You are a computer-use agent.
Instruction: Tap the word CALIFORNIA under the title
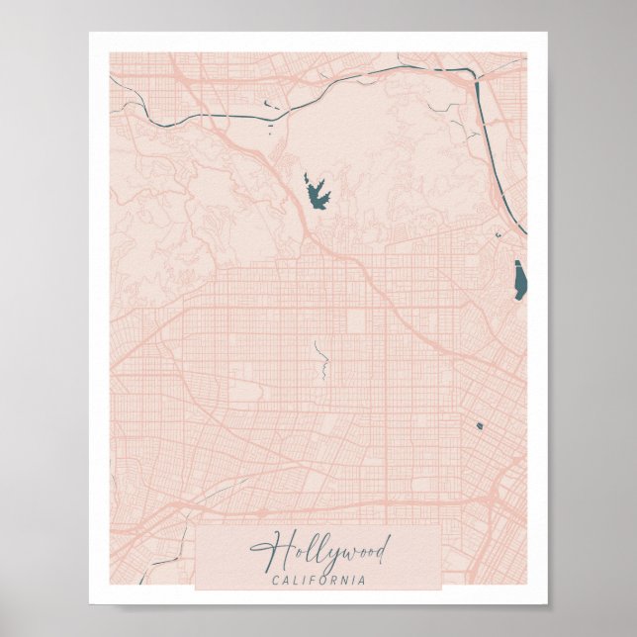tap(318, 579)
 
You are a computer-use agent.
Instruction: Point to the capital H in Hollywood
tap(264, 548)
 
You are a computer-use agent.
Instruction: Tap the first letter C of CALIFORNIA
tap(274, 579)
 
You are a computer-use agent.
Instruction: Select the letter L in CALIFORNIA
tap(296, 579)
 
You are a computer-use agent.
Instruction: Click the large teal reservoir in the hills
tap(318, 192)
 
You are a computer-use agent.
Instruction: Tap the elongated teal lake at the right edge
tap(519, 278)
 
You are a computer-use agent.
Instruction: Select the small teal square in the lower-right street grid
tap(479, 426)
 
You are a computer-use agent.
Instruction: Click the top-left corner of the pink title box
tap(196, 526)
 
